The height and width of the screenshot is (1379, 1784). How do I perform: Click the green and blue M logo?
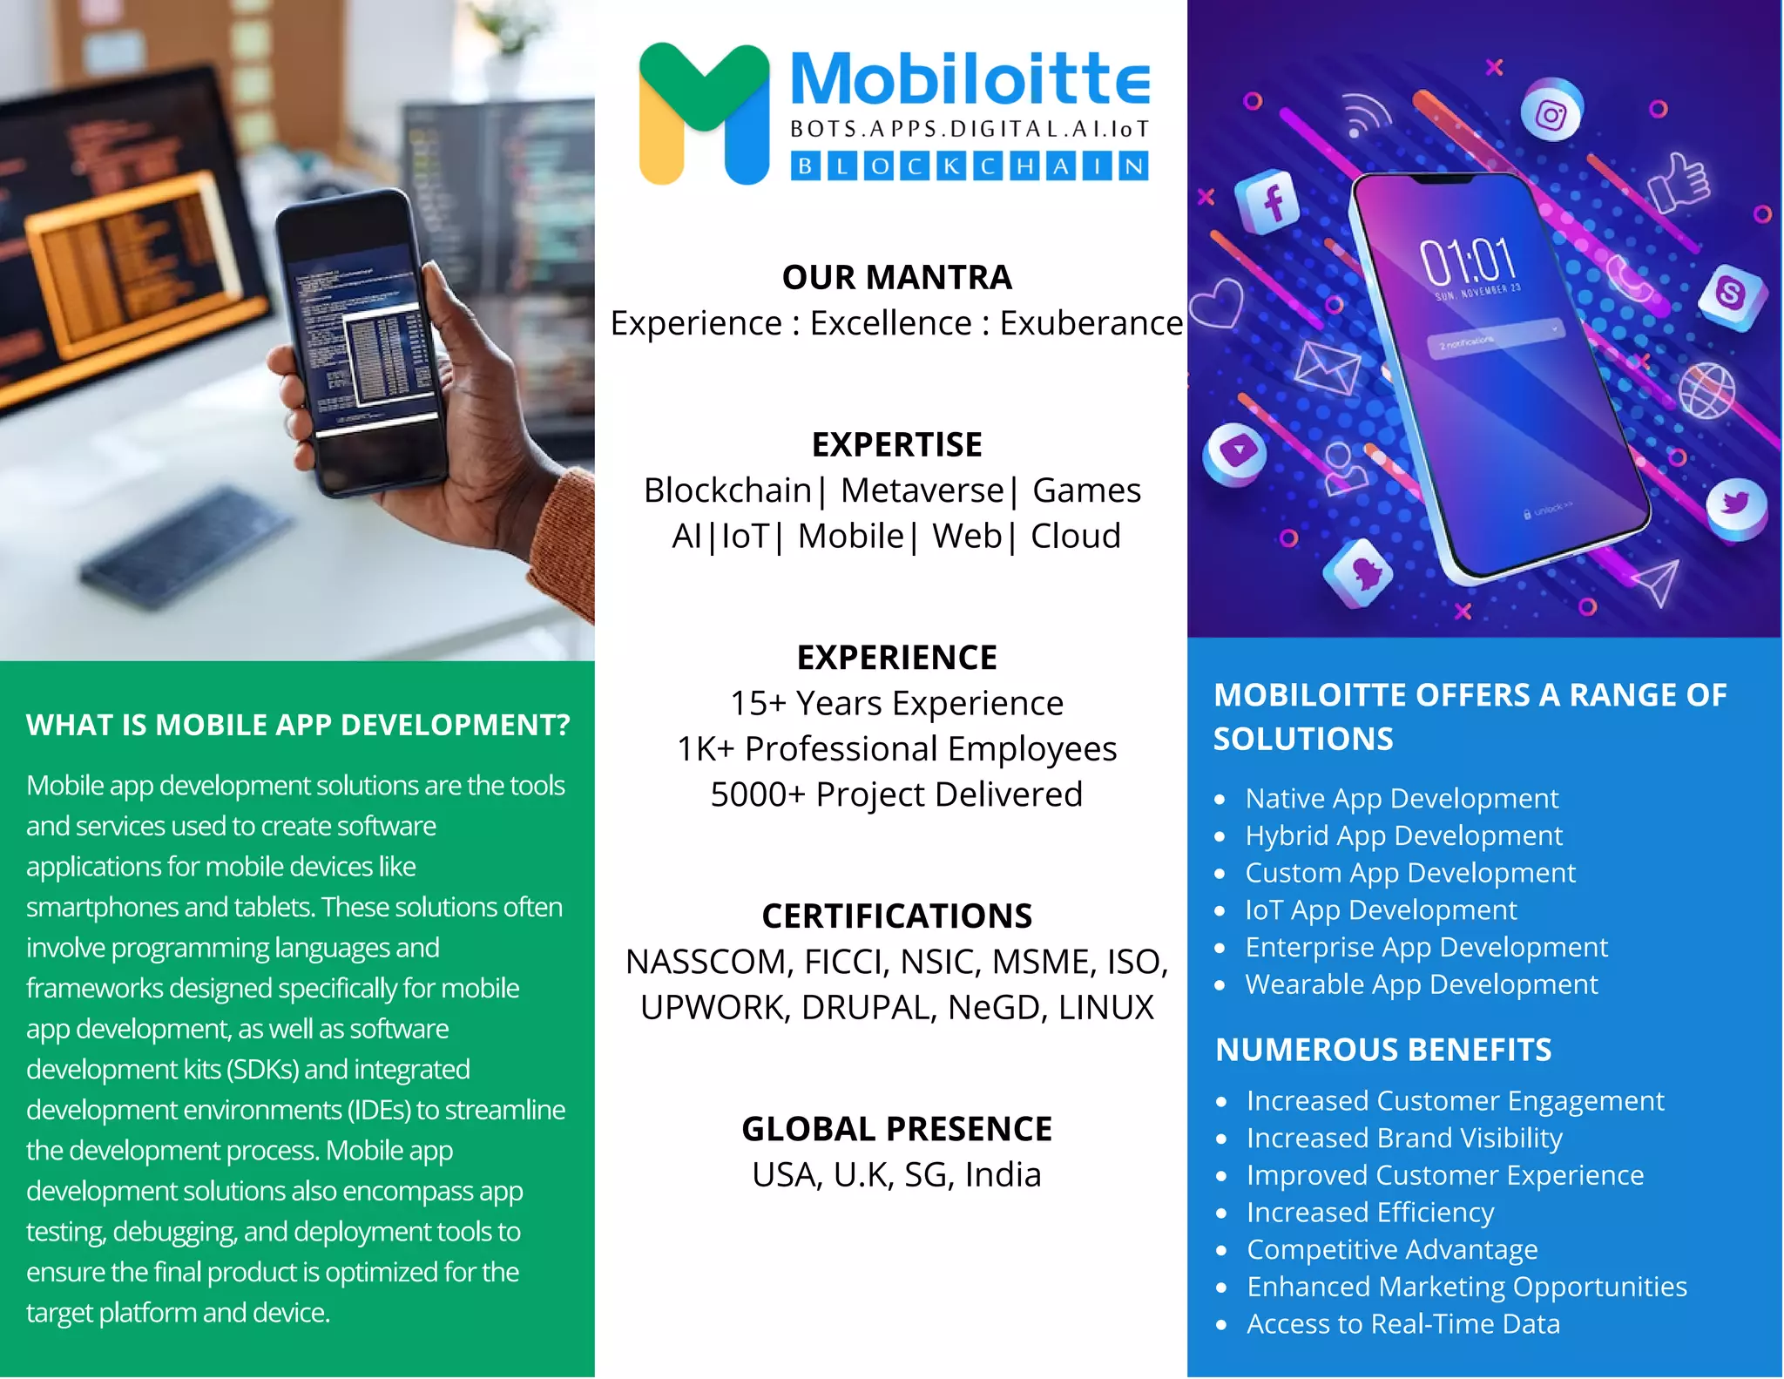click(x=704, y=113)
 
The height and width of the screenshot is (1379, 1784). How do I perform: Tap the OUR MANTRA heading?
click(x=896, y=278)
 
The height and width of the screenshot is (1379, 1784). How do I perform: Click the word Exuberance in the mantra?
click(x=1091, y=323)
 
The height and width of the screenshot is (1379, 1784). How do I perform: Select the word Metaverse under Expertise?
click(x=922, y=490)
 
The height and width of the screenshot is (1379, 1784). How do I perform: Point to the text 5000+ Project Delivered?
click(x=896, y=794)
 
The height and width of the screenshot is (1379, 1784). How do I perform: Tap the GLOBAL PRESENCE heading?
click(x=896, y=1129)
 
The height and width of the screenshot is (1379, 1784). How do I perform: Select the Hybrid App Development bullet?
click(x=1403, y=835)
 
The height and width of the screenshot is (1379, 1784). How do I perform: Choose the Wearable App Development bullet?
click(x=1422, y=984)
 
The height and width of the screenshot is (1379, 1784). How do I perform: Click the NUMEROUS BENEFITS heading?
click(x=1383, y=1050)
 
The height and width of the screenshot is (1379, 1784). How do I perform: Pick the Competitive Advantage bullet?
click(x=1392, y=1249)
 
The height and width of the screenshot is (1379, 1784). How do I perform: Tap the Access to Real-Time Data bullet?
click(x=1403, y=1324)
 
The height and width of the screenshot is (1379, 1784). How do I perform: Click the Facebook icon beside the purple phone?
click(x=1272, y=202)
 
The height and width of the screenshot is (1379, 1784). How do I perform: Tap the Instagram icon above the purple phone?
click(x=1551, y=114)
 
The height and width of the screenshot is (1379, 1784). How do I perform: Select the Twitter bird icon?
click(x=1735, y=504)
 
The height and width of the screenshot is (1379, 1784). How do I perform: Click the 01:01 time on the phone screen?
click(x=1469, y=259)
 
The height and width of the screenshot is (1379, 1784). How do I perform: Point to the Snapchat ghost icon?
click(x=1361, y=571)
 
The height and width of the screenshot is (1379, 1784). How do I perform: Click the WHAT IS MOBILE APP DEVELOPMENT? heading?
click(x=298, y=725)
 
